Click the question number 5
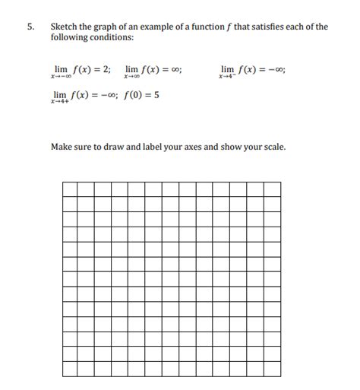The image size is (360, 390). (x=30, y=27)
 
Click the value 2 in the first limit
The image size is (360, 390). (x=106, y=68)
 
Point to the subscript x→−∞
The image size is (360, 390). (x=60, y=78)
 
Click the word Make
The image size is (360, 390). (x=62, y=146)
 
